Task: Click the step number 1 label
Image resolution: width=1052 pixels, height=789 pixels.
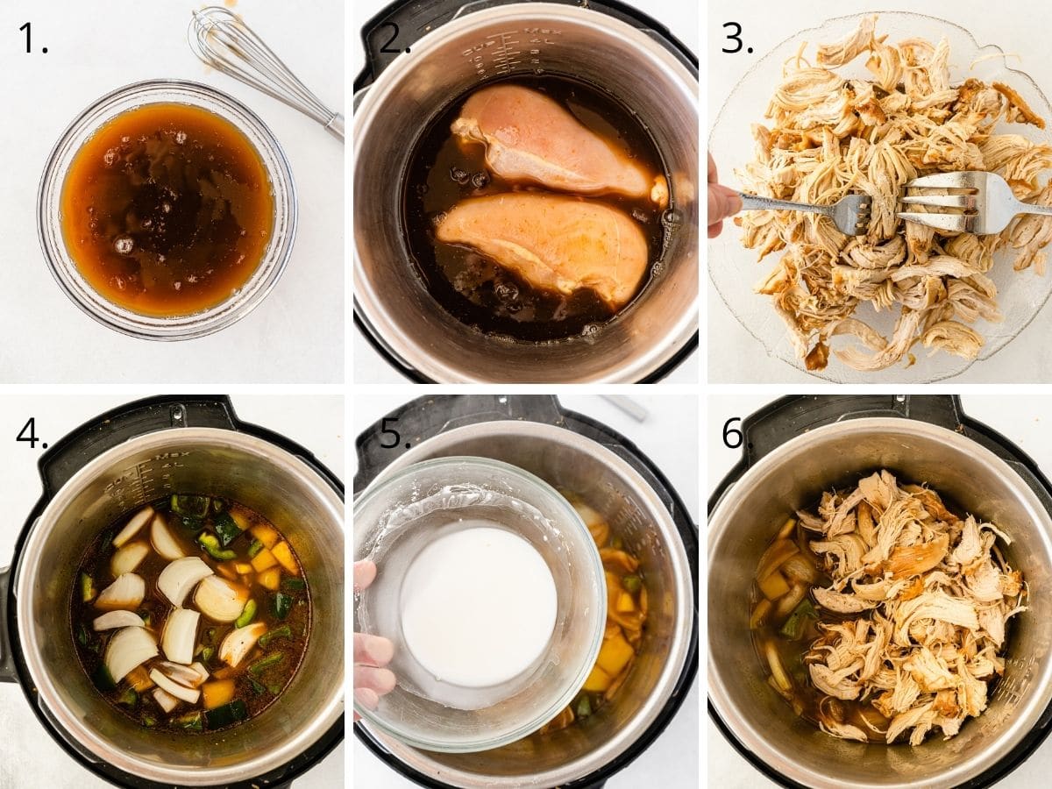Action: click(32, 38)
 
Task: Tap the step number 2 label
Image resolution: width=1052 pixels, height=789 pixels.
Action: click(394, 38)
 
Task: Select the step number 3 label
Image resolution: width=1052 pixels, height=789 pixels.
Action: click(736, 38)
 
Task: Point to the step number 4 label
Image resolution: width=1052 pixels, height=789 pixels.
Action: click(32, 432)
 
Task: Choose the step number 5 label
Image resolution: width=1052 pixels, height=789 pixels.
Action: click(394, 432)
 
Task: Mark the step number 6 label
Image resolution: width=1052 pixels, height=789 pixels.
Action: click(737, 432)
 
